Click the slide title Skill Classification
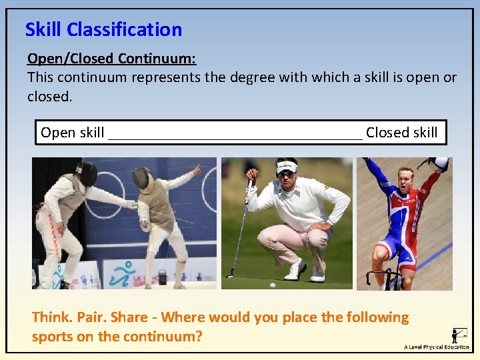click(x=103, y=29)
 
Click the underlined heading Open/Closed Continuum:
click(x=111, y=59)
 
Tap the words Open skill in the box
click(x=72, y=133)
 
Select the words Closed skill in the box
click(x=401, y=133)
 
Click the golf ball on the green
click(x=272, y=285)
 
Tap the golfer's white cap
click(x=287, y=165)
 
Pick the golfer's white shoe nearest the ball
click(x=294, y=271)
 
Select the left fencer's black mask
click(x=87, y=174)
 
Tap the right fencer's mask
click(x=141, y=177)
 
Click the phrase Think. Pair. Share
click(x=93, y=317)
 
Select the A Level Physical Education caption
click(x=437, y=347)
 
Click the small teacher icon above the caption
click(x=459, y=333)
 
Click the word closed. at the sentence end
click(x=49, y=97)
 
